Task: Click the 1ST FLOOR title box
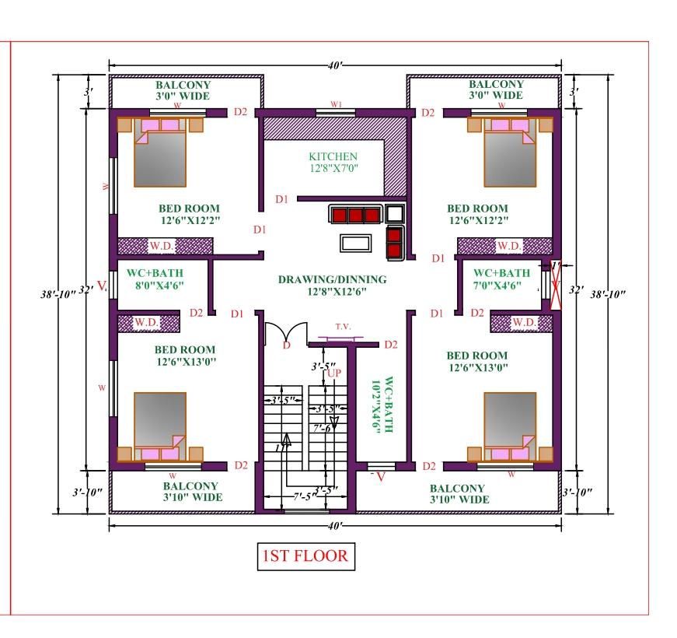tap(306, 556)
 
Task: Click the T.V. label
tap(344, 327)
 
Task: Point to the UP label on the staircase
tap(335, 373)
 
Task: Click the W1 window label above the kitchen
tap(337, 104)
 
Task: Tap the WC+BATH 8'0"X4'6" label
tap(155, 279)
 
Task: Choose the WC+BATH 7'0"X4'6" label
tap(501, 279)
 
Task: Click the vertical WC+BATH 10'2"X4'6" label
tap(382, 405)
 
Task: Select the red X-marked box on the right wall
tap(556, 286)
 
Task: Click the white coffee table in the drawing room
tap(355, 243)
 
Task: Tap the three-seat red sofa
tap(355, 214)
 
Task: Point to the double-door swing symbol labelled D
tap(286, 334)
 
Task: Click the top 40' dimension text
tap(336, 65)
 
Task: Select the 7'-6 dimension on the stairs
tap(322, 429)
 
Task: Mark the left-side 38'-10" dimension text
tap(58, 294)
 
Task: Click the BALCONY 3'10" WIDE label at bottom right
tap(459, 494)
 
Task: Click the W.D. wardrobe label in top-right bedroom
tap(509, 247)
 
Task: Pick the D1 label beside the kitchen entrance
tap(281, 199)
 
